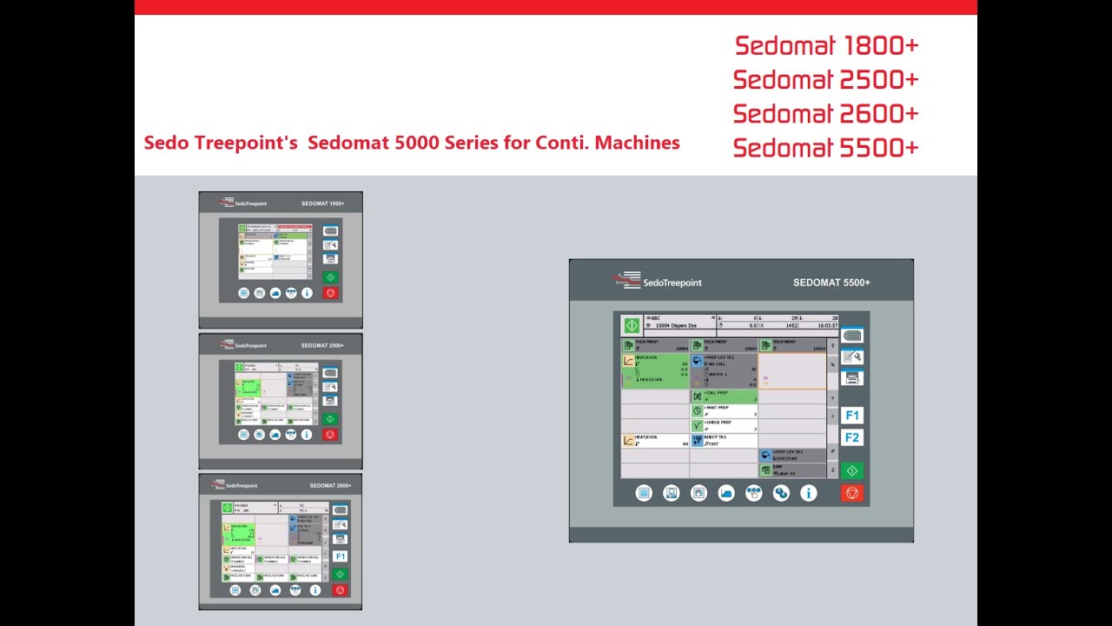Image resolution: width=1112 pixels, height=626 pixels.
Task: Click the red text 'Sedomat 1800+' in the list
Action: coord(826,45)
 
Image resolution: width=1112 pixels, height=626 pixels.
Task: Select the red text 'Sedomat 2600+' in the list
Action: coord(826,114)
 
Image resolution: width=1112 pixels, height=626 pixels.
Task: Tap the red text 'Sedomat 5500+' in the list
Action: coord(826,148)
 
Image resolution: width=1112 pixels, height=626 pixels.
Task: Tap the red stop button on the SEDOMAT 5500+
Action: coord(852,493)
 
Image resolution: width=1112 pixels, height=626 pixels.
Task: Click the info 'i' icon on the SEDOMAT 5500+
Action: coord(809,493)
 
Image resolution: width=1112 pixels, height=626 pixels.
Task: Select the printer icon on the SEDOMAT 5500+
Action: coord(852,378)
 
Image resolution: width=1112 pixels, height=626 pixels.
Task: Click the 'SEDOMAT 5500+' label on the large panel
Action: coord(831,283)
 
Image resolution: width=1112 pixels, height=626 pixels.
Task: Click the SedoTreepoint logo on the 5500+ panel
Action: coord(658,282)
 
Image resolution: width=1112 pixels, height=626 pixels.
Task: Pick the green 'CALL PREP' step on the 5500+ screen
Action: coord(724,396)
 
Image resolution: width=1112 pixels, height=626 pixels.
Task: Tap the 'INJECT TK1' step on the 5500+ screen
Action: coord(724,440)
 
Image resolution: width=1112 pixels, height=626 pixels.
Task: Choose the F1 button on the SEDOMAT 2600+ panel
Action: coord(340,556)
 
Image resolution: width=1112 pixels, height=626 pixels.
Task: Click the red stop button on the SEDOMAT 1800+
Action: coord(330,293)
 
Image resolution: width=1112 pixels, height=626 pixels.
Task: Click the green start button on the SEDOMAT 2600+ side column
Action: coord(340,575)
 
